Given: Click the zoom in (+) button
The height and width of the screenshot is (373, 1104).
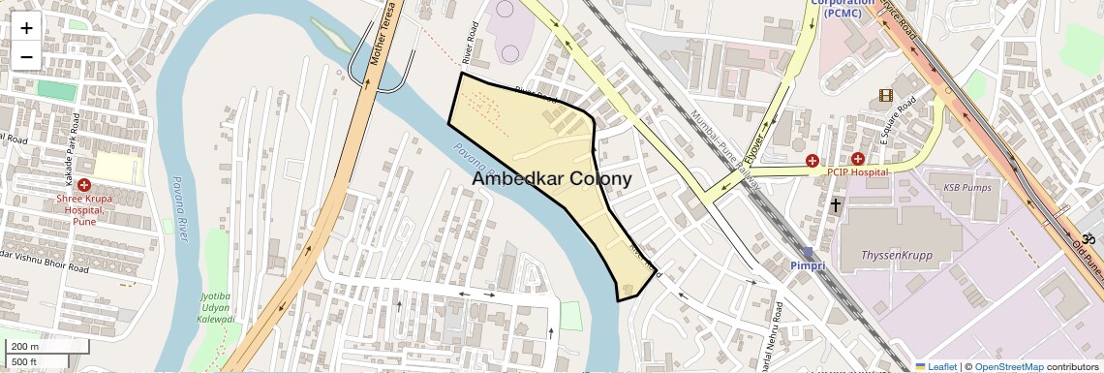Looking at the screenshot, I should coord(26,28).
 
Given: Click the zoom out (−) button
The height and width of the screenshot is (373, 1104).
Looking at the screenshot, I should coord(26,57).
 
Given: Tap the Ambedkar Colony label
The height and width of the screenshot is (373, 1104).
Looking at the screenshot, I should coord(552,179).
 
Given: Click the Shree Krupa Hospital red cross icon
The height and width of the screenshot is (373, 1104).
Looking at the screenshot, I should coord(85,185).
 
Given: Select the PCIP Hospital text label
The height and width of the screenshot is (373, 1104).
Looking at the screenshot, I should coord(857,171).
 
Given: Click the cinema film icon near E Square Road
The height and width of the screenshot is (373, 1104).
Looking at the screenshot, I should coord(885,95).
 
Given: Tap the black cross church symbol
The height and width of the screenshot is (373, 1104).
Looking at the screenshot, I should coord(836,205).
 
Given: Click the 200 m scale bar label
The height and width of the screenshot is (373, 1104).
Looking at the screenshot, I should coord(25,347).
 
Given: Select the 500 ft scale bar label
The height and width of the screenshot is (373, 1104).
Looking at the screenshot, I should coord(24,361).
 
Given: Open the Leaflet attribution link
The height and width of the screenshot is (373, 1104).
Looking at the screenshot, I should coord(935,366).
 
